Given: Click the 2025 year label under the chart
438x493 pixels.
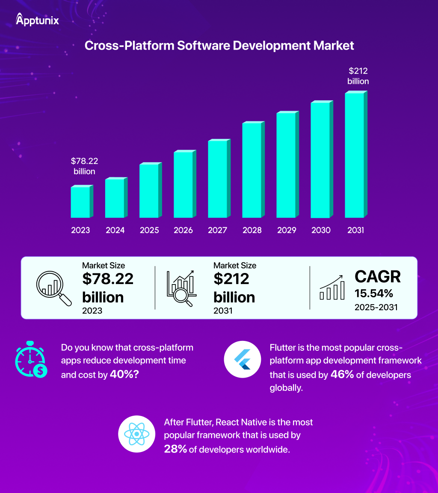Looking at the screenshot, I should point(149,230).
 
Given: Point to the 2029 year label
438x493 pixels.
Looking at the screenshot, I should point(287,230).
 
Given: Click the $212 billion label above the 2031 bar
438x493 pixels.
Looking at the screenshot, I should point(358,76).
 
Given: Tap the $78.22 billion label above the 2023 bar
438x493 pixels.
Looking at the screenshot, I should point(84,166).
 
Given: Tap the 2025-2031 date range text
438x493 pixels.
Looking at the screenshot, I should point(376,307).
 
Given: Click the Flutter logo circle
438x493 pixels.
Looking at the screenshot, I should point(243,359).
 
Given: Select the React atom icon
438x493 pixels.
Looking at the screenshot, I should point(136,434).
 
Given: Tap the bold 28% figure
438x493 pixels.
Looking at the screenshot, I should point(175,449).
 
